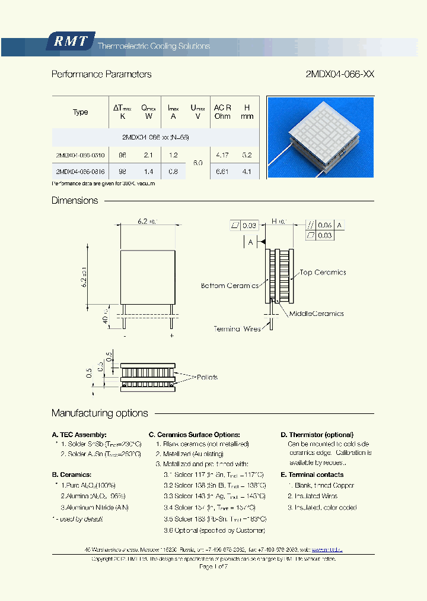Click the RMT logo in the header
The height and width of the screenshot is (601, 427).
pyautogui.click(x=70, y=41)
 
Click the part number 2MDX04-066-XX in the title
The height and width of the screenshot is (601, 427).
pyautogui.click(x=339, y=74)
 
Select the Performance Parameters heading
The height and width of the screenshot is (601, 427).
pyautogui.click(x=101, y=74)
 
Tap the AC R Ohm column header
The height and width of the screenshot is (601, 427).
pyautogui.click(x=222, y=112)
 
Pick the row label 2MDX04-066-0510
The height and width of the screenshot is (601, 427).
pyautogui.click(x=80, y=155)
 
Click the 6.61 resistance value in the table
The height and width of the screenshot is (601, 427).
pyautogui.click(x=222, y=172)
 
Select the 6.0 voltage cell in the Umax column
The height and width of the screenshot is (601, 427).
pyautogui.click(x=197, y=163)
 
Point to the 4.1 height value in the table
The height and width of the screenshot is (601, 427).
pyautogui.click(x=247, y=172)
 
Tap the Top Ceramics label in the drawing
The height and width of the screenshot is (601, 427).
pyautogui.click(x=323, y=273)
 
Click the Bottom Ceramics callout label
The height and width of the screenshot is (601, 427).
pyautogui.click(x=230, y=286)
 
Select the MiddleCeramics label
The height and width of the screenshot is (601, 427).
pyautogui.click(x=316, y=314)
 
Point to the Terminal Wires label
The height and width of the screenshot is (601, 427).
pyautogui.click(x=237, y=328)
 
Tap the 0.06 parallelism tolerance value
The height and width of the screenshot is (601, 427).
pyautogui.click(x=324, y=225)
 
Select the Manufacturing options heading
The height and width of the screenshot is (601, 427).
pyautogui.click(x=100, y=413)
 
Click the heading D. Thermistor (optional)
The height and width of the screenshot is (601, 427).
pyautogui.click(x=317, y=435)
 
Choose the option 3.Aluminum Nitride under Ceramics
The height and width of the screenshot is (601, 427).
pyautogui.click(x=94, y=507)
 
